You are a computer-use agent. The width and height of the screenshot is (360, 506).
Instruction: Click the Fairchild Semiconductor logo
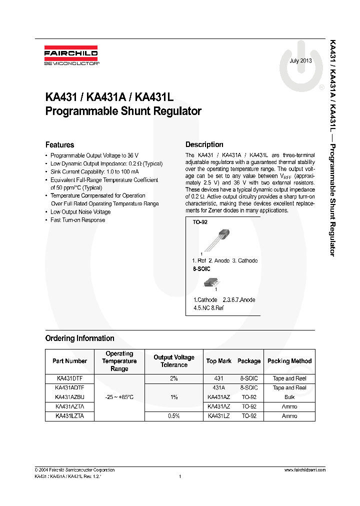coord(71,56)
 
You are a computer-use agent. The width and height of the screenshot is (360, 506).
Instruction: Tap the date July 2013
coord(300,60)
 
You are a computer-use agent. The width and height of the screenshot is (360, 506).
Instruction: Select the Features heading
coord(59,145)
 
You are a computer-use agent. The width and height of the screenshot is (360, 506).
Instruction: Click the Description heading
coord(204,144)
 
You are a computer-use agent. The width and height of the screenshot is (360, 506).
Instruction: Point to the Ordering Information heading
coord(79,338)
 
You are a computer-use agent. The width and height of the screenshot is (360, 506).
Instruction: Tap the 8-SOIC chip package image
coord(209,283)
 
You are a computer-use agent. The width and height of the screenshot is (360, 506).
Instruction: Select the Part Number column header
coord(69,361)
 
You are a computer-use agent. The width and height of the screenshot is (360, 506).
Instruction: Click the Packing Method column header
coord(289,361)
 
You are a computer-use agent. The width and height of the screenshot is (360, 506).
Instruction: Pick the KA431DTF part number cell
coord(69,379)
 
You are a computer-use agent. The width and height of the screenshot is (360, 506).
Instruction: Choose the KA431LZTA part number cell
coord(69,416)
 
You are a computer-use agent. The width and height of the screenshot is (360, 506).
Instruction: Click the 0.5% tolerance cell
coord(173,416)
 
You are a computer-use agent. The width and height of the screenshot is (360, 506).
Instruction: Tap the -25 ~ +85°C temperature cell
coord(119,397)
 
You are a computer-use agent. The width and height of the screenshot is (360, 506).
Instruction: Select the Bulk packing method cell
coord(289,397)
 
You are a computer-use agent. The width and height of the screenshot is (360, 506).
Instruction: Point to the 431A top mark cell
coord(218,388)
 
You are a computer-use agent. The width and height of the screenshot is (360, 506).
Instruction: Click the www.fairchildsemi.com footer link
coord(304,470)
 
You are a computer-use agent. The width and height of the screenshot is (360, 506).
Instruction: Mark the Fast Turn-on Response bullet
coord(77,220)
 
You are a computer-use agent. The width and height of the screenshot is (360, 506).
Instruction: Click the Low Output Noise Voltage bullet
coord(80,212)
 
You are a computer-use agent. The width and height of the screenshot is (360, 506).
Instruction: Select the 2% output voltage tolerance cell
coord(173,379)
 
